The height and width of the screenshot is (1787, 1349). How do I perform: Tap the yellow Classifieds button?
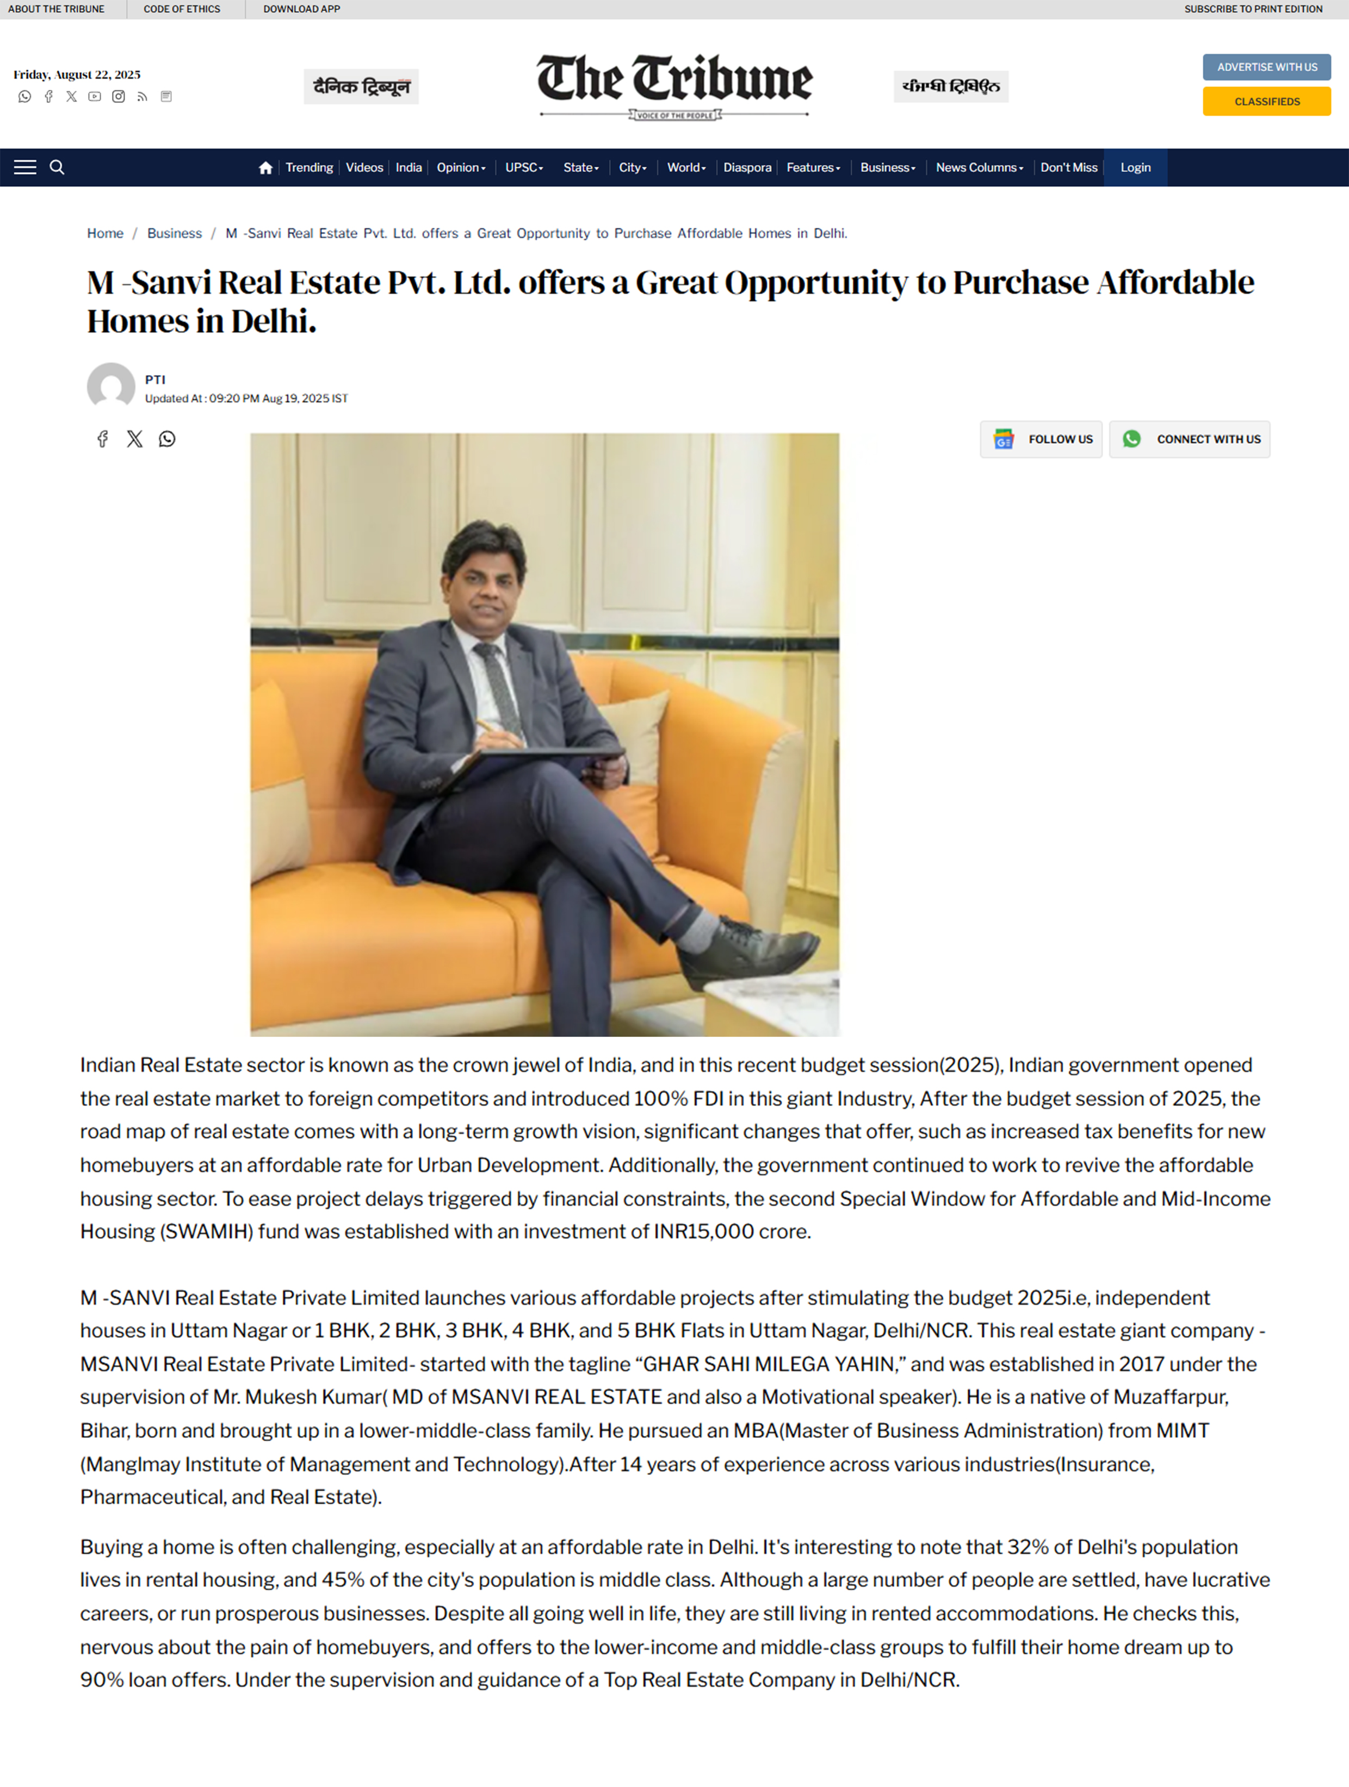coord(1266,102)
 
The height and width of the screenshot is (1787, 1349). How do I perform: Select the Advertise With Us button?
coord(1266,67)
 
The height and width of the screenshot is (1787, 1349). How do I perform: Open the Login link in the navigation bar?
coord(1135,168)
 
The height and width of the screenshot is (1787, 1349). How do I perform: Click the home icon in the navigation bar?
coord(265,168)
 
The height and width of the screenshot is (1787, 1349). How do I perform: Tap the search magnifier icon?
coord(57,167)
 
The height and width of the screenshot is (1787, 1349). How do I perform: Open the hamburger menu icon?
coord(25,167)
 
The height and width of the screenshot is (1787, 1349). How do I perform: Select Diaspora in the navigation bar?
coord(747,168)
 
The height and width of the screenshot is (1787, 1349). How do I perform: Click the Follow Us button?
coord(1041,439)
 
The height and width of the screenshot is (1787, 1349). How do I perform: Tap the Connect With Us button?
coord(1189,439)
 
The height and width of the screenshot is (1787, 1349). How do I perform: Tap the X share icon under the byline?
coord(134,439)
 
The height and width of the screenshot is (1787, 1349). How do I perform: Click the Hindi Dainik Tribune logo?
coord(361,86)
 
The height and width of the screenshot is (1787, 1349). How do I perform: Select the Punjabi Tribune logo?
coord(950,86)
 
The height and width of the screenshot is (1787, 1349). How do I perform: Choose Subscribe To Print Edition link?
coord(1253,9)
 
